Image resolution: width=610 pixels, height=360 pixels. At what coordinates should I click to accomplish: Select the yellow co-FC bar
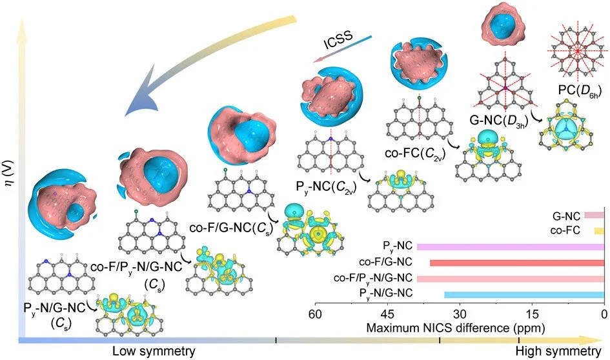pyautogui.click(x=599, y=230)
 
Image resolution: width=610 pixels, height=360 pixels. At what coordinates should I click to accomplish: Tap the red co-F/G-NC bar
pyautogui.click(x=516, y=263)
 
